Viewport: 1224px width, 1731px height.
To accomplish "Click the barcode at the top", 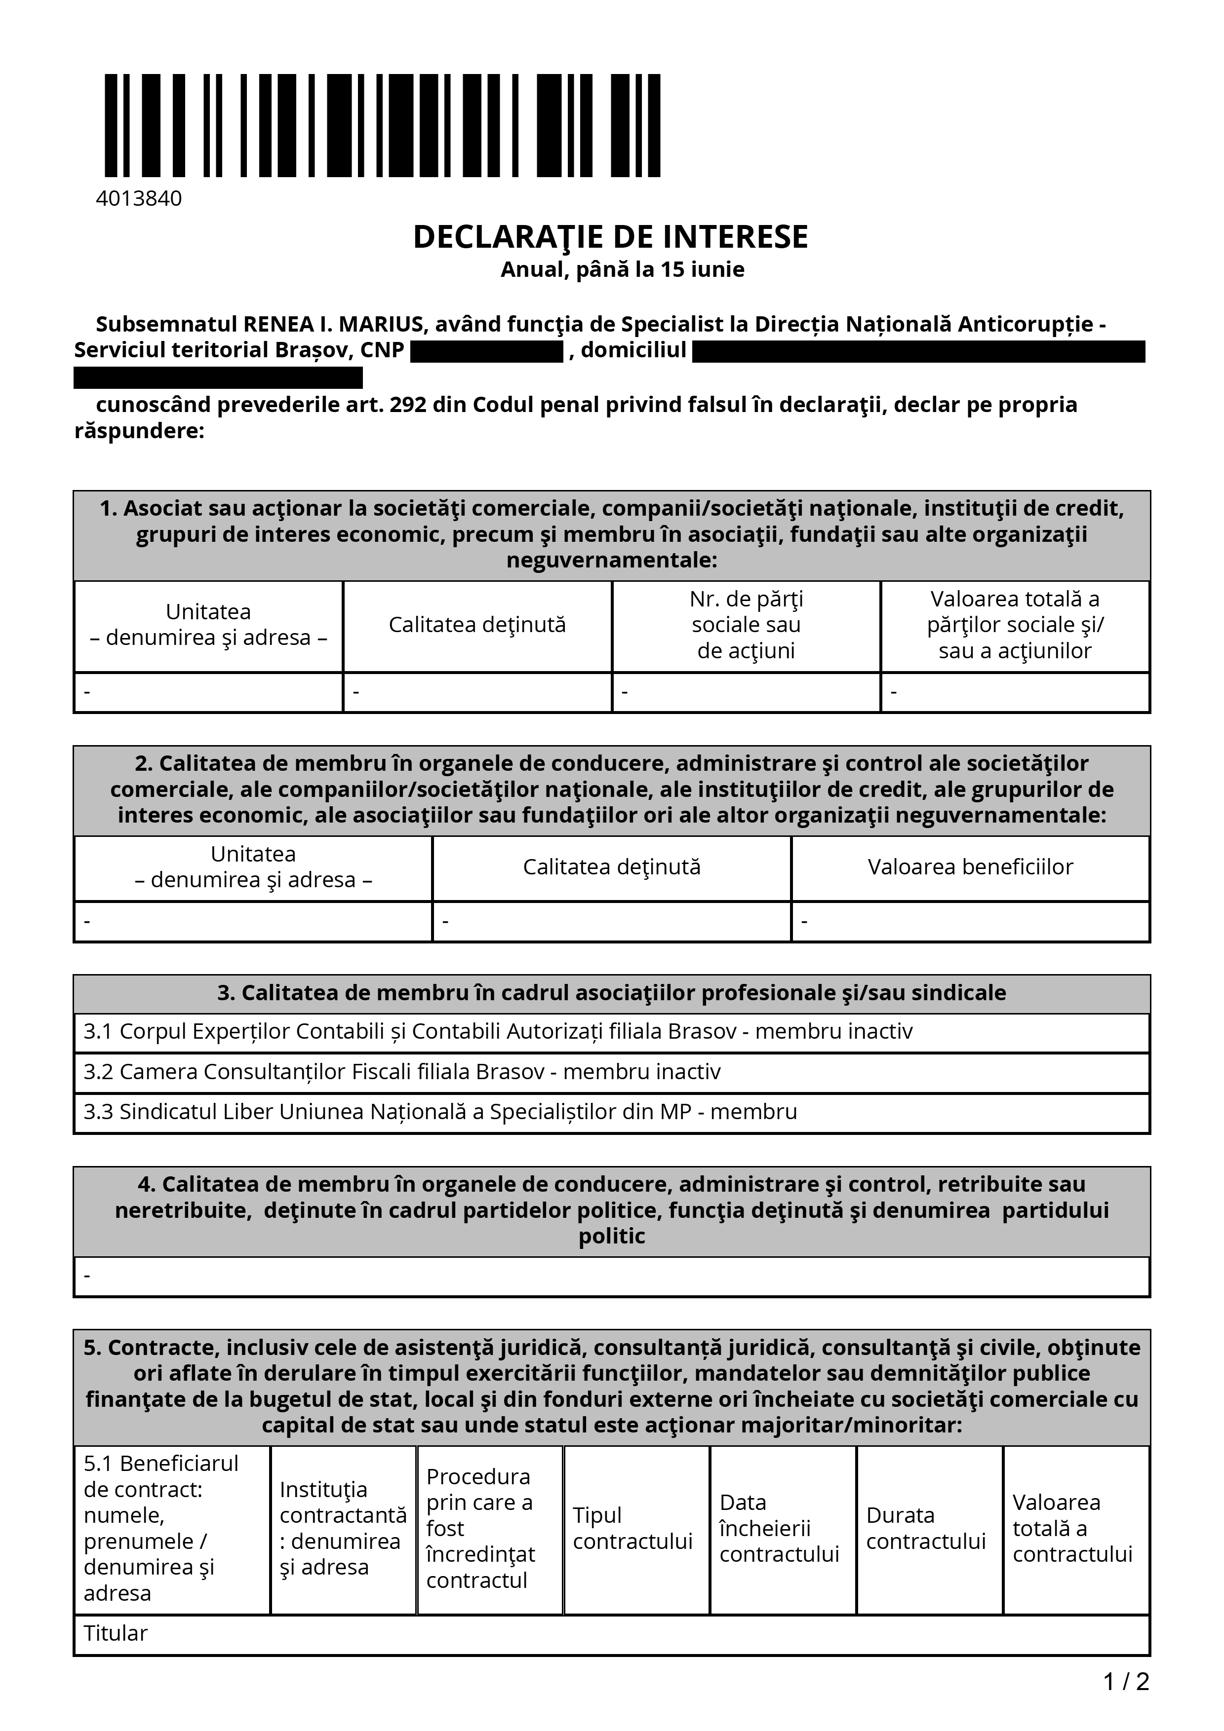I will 382,125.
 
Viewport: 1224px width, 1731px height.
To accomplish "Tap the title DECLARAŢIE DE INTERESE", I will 611,237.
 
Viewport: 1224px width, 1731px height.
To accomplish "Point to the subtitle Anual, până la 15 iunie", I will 622,270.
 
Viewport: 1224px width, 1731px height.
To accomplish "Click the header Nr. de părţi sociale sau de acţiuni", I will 746,625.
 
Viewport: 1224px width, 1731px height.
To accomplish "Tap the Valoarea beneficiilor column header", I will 970,867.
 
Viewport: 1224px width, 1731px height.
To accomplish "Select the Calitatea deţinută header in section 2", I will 612,867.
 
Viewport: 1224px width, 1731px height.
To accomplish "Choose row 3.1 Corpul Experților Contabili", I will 498,1031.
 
